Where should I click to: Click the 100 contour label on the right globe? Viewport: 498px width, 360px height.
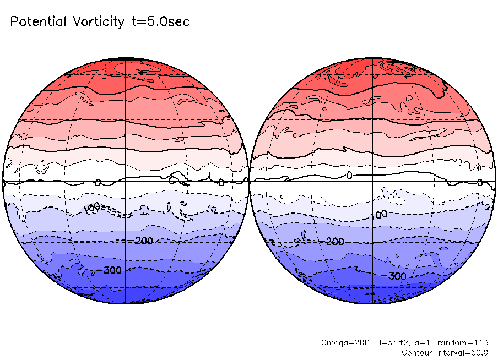pos(379,214)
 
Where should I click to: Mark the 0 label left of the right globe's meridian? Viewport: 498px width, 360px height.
pos(349,175)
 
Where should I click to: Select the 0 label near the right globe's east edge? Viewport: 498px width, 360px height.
pos(480,182)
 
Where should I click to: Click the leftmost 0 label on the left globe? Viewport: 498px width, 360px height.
pos(98,182)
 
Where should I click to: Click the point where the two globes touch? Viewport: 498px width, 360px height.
pos(249,181)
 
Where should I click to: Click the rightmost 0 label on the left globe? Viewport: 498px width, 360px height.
pos(220,182)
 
